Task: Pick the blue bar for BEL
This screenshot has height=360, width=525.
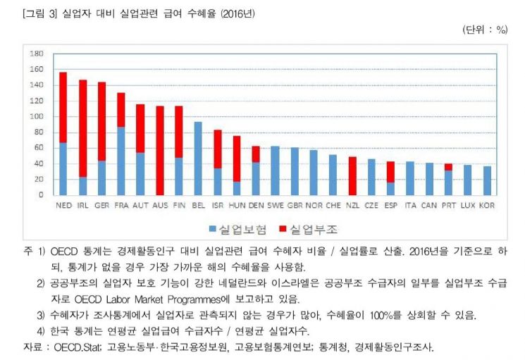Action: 199,159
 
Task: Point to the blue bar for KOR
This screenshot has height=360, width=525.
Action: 486,180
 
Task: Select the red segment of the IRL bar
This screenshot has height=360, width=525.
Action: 82,128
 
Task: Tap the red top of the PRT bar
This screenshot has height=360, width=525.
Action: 448,167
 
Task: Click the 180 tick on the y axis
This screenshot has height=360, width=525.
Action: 37,54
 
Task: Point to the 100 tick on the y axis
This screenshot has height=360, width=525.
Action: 37,116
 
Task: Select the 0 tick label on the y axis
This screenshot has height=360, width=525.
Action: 41,195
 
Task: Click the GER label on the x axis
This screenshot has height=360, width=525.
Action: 101,205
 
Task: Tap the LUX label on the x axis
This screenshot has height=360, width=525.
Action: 467,205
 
